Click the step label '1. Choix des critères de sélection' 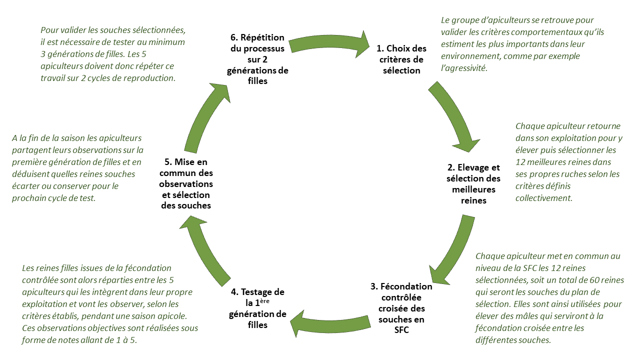[x=401, y=59]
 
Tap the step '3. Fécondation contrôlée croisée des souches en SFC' [x=401, y=308]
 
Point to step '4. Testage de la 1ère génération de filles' [x=257, y=308]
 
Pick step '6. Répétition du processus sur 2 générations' [x=257, y=59]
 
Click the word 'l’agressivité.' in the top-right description [x=463, y=68]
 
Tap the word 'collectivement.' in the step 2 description [x=543, y=198]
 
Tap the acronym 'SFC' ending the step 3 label [x=401, y=330]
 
